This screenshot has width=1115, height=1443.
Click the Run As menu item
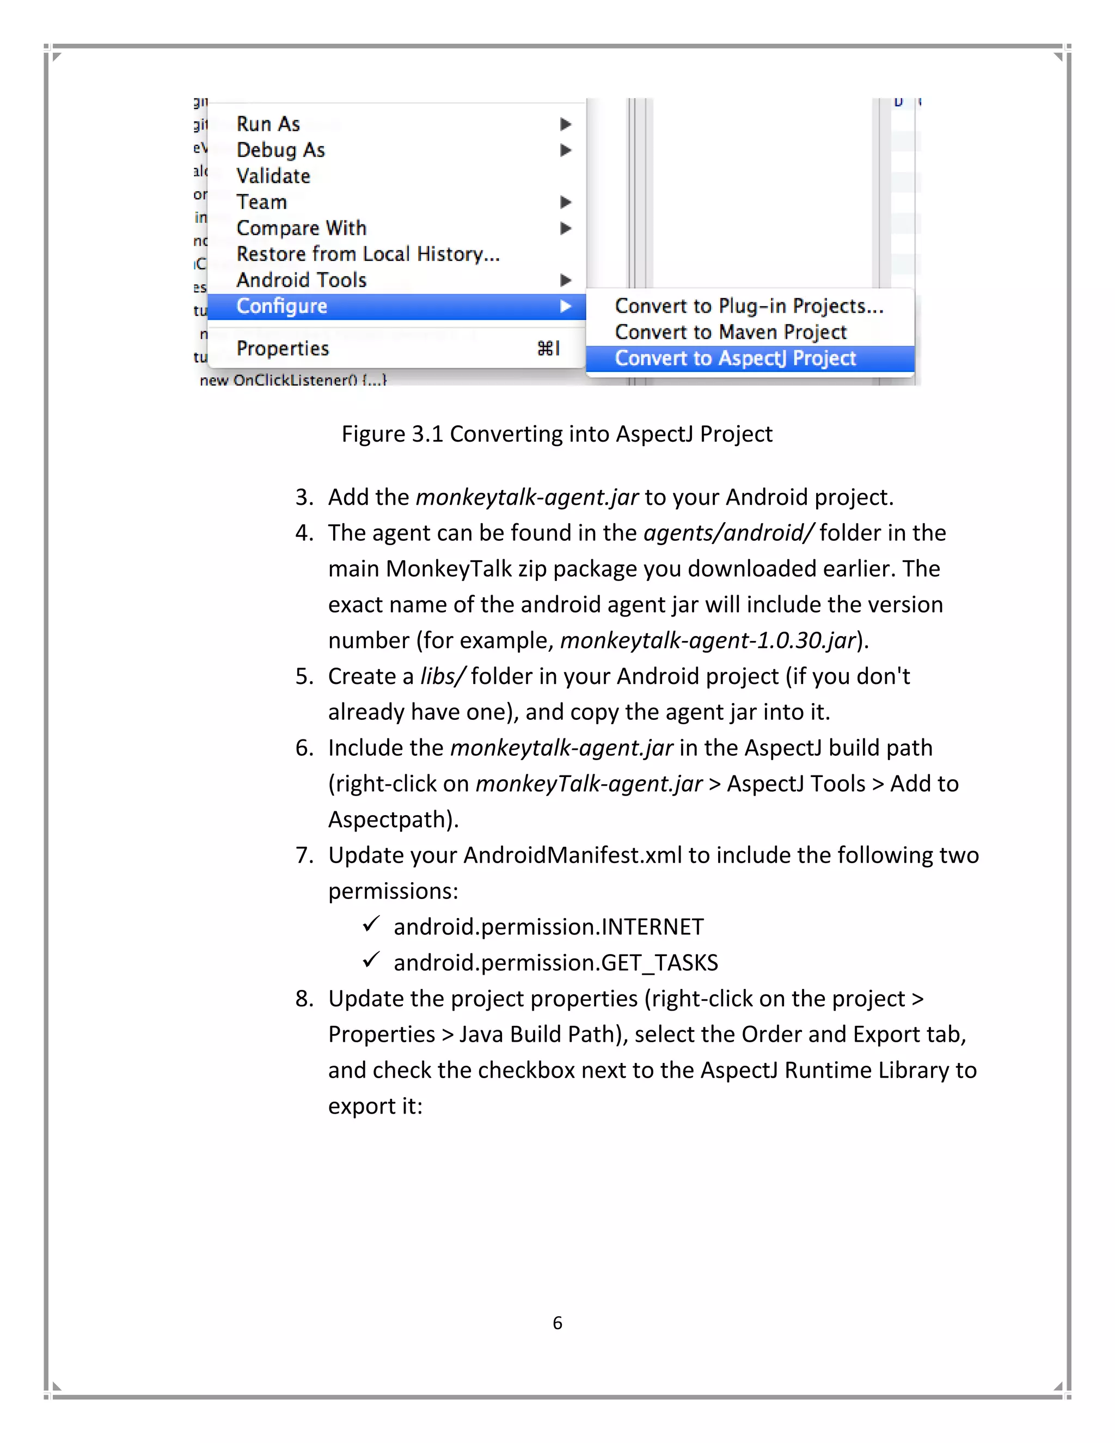[268, 124]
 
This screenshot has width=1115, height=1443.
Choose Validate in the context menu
[273, 176]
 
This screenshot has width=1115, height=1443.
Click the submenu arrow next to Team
[565, 202]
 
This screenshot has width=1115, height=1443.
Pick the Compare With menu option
[301, 228]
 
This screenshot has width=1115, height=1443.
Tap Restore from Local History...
[367, 254]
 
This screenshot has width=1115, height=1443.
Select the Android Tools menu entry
[301, 280]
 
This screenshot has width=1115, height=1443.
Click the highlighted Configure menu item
[282, 306]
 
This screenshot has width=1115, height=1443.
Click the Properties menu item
[283, 348]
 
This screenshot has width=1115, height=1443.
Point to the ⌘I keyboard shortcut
[548, 348]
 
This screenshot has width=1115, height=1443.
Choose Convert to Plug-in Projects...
[749, 306]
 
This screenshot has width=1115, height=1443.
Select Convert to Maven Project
[731, 332]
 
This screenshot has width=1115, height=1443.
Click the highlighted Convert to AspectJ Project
[735, 358]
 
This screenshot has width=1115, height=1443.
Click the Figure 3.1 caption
[556, 434]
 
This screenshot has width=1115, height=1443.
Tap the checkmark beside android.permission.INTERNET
[371, 924]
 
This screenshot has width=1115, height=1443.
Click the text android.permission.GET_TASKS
[555, 963]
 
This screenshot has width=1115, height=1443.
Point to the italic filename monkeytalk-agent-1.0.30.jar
[708, 640]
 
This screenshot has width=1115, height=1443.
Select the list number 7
[303, 855]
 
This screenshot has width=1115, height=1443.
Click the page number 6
[557, 1323]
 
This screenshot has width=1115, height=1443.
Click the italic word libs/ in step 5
[442, 676]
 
